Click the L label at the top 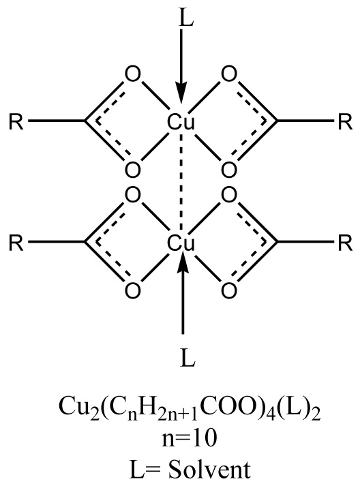coord(187,18)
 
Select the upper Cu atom coord(181,122)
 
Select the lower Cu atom coord(181,243)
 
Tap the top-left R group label coord(16,122)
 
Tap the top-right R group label coord(345,122)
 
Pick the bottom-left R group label coord(16,243)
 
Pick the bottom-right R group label coord(345,243)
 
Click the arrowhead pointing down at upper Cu coord(181,92)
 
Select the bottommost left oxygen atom coord(133,290)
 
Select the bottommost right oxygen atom coord(229,290)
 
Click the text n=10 coord(189,439)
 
